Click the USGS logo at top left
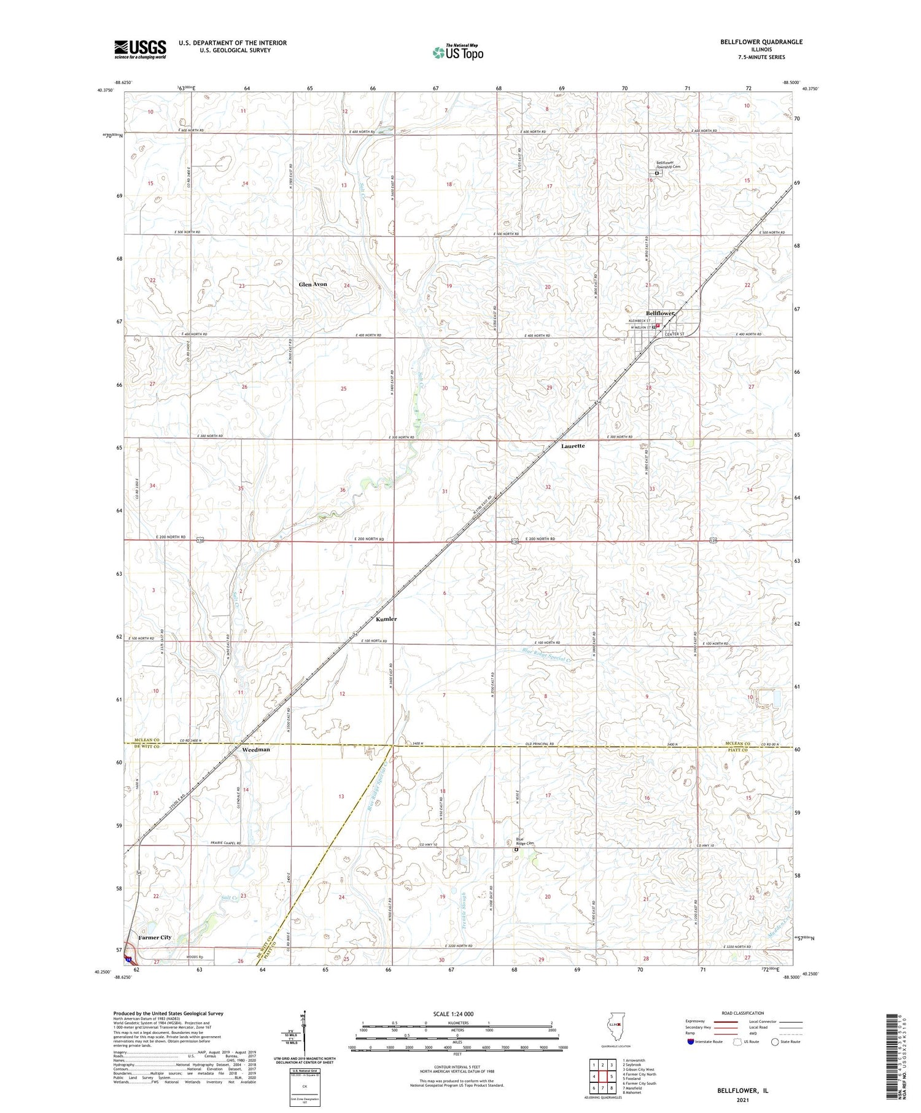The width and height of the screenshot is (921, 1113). [x=140, y=48]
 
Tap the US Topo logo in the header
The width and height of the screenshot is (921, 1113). [x=457, y=53]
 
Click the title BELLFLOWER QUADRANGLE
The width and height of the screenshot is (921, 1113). [x=753, y=42]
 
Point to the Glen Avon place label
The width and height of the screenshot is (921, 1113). [x=313, y=284]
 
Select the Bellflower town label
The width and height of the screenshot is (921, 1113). [x=660, y=314]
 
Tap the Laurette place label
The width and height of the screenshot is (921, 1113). [x=573, y=446]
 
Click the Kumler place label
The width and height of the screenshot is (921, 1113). [x=386, y=619]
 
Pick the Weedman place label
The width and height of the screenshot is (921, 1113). [x=255, y=750]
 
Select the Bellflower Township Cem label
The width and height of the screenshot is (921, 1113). [x=668, y=165]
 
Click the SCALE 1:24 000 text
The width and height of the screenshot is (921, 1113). [x=453, y=1014]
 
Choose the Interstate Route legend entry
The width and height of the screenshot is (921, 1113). [x=706, y=1042]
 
